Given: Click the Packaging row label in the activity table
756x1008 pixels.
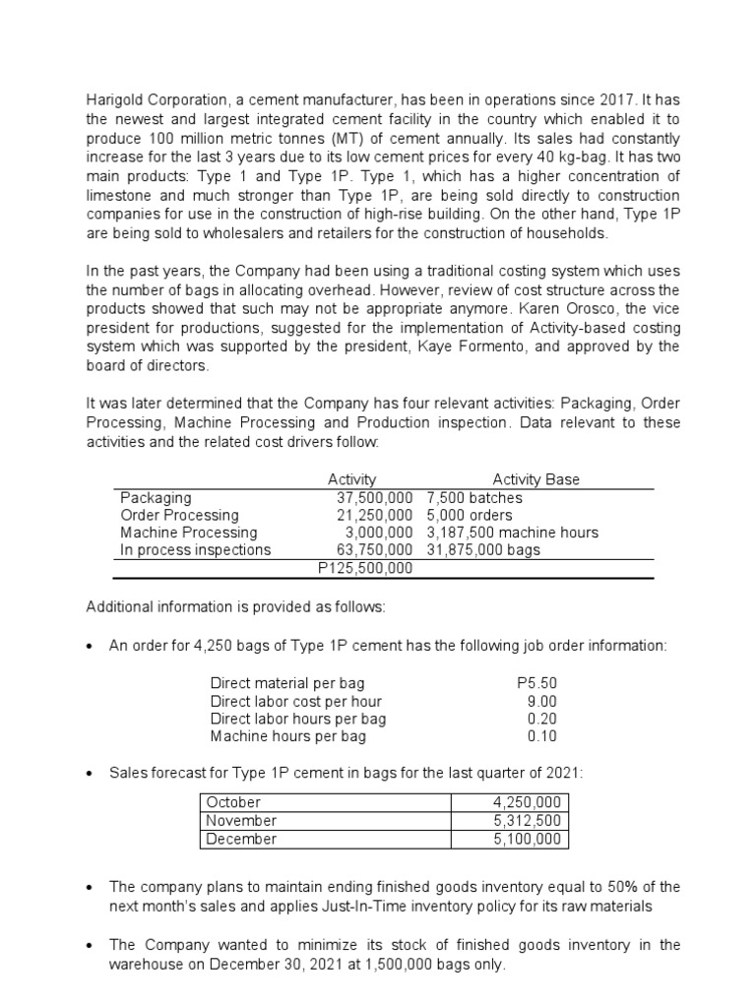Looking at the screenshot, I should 156,498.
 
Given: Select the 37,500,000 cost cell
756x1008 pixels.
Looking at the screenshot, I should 374,498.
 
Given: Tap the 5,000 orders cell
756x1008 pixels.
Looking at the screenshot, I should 470,515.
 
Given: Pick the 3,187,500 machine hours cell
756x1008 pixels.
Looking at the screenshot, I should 512,533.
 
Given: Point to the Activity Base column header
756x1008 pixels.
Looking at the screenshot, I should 535,479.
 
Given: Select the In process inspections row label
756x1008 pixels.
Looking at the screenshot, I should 195,550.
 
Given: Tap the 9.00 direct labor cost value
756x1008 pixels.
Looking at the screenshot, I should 542,701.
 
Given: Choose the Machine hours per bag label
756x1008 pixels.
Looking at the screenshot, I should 287,736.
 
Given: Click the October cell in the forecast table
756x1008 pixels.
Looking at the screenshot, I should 233,802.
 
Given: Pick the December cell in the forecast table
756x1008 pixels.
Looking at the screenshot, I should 241,840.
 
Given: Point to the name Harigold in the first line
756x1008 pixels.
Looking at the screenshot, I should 114,99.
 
